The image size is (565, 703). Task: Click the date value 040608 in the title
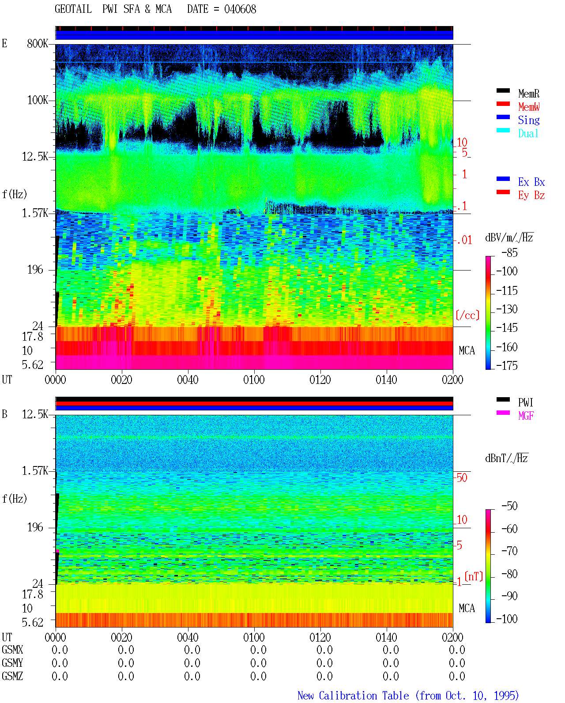click(x=240, y=9)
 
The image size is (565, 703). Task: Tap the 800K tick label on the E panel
click(x=38, y=43)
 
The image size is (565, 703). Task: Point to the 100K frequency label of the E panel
click(x=38, y=100)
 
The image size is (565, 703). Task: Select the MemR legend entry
click(x=529, y=94)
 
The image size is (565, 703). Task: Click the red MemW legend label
click(x=529, y=107)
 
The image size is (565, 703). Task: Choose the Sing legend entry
click(x=529, y=120)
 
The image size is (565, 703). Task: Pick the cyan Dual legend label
click(x=528, y=133)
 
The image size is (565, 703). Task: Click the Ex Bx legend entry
click(x=531, y=182)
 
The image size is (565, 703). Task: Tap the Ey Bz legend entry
click(x=531, y=195)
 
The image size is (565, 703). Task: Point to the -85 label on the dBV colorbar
click(x=509, y=253)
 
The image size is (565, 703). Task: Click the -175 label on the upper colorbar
click(x=507, y=365)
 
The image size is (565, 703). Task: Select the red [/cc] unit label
click(x=467, y=315)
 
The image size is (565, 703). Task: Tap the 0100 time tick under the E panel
click(x=254, y=380)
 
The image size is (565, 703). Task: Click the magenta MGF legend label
click(x=526, y=416)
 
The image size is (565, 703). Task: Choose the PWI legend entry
click(x=526, y=402)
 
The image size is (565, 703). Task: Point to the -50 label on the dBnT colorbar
click(x=509, y=506)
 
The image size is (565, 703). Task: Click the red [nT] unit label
click(x=474, y=576)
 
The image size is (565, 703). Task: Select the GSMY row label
click(x=12, y=663)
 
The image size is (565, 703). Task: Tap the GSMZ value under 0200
click(x=457, y=676)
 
